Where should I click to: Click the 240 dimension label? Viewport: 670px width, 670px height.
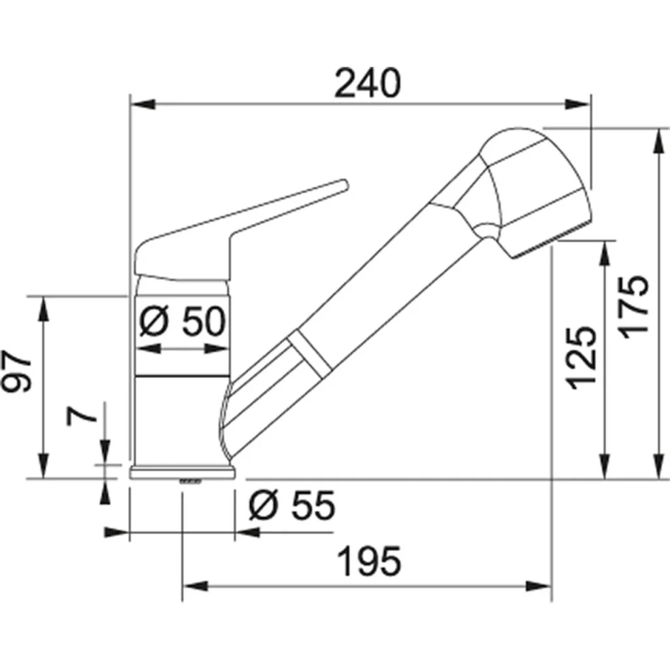pyautogui.click(x=367, y=84)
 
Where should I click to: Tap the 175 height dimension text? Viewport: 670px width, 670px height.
pyautogui.click(x=634, y=306)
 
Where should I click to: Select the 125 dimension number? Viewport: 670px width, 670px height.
pyautogui.click(x=582, y=357)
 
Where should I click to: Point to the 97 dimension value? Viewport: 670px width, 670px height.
pyautogui.click(x=19, y=374)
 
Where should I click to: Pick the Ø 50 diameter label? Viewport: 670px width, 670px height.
pyautogui.click(x=183, y=321)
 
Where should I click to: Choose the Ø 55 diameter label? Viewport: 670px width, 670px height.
pyautogui.click(x=292, y=505)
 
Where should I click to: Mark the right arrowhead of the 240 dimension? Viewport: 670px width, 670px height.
pyautogui.click(x=578, y=103)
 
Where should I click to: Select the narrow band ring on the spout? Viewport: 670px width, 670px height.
pyautogui.click(x=308, y=352)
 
